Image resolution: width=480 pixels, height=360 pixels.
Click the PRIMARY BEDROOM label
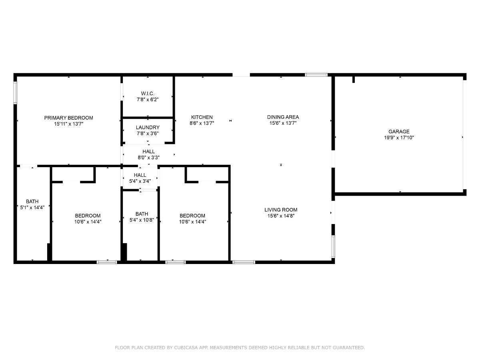69,118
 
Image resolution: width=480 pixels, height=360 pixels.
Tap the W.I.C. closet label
148,94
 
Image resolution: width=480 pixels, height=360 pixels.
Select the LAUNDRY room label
148,128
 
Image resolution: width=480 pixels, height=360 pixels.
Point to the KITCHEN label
202,117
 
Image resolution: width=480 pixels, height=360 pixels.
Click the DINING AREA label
283,117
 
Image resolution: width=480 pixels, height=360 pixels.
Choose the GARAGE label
399,132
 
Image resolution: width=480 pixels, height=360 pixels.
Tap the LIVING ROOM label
281,210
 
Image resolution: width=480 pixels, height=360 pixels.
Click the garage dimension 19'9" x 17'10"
399,138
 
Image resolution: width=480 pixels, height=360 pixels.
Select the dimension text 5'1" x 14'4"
32,208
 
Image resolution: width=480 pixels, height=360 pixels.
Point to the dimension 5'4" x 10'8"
142,220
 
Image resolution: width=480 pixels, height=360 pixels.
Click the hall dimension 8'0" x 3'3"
149,157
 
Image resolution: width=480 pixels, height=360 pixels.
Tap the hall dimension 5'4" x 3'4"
140,181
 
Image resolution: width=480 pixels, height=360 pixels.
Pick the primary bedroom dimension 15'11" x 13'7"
69,124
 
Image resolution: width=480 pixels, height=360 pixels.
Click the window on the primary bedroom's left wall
15,92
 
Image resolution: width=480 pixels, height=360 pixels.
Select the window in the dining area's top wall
316,75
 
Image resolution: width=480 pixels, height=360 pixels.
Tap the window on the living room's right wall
333,246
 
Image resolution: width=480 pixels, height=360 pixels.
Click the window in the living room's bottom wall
244,262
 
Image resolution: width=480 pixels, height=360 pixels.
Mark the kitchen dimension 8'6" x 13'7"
202,123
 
